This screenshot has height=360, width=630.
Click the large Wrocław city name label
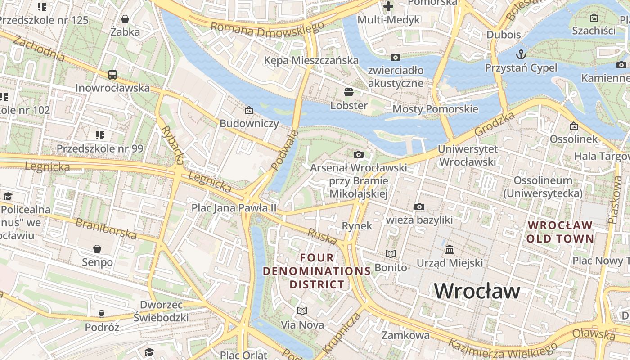[x=477, y=291]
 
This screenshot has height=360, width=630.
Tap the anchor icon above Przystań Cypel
[x=521, y=54]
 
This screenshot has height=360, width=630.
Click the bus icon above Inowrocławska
[x=112, y=75]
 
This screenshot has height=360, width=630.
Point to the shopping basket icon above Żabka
[x=125, y=19]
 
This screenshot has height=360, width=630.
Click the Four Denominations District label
[x=317, y=271]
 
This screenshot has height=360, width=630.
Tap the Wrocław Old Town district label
[x=560, y=232]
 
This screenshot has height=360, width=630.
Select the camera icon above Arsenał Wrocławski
[x=358, y=155]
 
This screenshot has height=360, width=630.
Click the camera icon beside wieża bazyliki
[x=419, y=207]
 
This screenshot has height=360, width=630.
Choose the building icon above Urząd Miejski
[x=450, y=249]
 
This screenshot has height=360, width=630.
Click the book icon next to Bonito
[x=391, y=254]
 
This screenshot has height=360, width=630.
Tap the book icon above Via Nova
[x=302, y=311]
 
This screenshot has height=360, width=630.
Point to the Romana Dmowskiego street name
[x=267, y=30]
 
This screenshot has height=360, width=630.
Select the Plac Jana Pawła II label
[x=234, y=208]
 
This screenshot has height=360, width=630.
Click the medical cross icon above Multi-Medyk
[x=388, y=6]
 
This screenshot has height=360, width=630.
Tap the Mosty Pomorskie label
[x=435, y=109]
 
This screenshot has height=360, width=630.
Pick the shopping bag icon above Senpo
[x=97, y=249]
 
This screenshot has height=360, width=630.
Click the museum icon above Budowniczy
[x=249, y=110]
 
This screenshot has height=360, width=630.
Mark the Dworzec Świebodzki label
[x=161, y=311]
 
